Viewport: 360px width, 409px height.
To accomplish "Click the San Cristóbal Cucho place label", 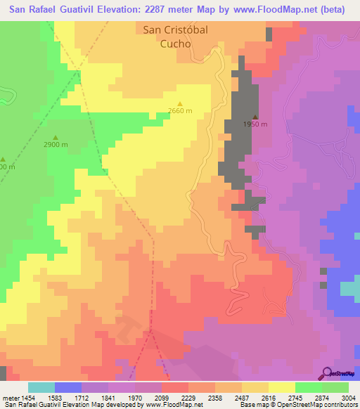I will pos(167,37).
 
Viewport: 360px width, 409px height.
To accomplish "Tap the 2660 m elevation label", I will pos(179,110).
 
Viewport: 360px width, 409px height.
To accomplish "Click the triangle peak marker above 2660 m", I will pos(179,102).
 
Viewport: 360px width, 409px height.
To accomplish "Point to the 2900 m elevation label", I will pos(56,145).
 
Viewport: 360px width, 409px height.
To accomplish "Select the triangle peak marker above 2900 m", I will pos(56,137).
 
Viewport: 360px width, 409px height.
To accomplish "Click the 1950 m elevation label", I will pos(255,124).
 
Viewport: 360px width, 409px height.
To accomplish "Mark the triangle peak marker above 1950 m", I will pos(255,117).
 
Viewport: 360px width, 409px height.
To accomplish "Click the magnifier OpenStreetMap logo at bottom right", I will pos(328,373).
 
